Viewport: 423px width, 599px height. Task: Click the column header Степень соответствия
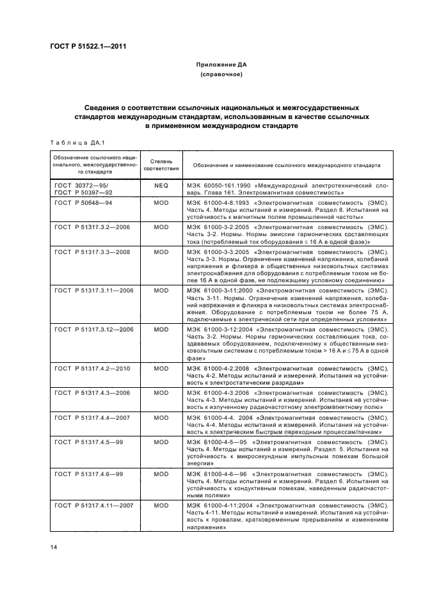(x=161, y=164)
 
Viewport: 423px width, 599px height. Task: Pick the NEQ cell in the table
(x=161, y=185)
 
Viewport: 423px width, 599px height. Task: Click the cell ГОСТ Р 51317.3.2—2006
(x=93, y=226)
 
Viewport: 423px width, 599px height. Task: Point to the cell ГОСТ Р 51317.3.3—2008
(x=93, y=252)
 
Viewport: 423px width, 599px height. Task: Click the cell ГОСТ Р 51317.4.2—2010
(x=93, y=368)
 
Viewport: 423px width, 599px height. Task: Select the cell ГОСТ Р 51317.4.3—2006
(x=93, y=392)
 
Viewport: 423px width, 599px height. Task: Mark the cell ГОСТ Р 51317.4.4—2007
(x=93, y=417)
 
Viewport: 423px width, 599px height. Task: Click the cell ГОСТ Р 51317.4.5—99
(x=89, y=442)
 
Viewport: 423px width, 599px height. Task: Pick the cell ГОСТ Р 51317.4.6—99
(x=89, y=474)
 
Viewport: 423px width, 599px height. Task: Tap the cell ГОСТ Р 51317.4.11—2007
(x=95, y=505)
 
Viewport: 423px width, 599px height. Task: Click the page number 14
(x=53, y=545)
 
